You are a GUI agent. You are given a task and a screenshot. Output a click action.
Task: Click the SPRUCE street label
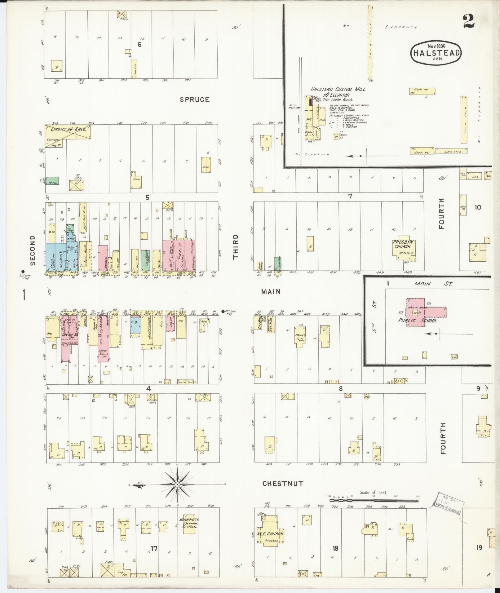(x=194, y=100)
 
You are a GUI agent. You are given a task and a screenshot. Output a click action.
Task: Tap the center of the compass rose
(x=177, y=493)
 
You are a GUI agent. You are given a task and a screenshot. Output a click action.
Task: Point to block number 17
(x=154, y=548)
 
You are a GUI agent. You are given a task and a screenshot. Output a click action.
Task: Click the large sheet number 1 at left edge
(x=24, y=295)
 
